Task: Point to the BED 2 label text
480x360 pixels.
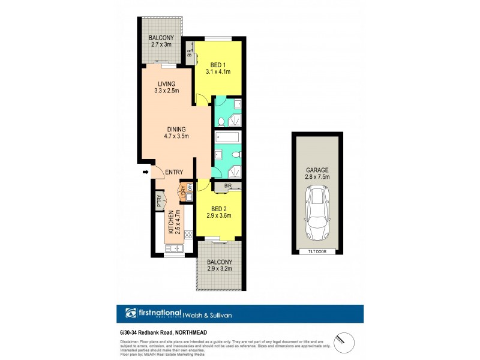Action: tap(220, 212)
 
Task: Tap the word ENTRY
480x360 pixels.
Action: tap(174, 173)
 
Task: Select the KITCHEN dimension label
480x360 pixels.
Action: tap(173, 223)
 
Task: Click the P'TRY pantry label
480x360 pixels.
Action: tap(159, 201)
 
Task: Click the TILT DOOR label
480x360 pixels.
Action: tap(317, 251)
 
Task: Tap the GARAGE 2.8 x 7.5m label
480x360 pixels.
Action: tap(317, 175)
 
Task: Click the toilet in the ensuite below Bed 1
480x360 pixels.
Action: tap(221, 121)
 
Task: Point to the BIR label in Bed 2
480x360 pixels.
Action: tap(228, 187)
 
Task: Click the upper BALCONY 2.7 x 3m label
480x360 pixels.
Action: tap(162, 41)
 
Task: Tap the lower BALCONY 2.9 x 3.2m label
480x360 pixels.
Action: tap(220, 265)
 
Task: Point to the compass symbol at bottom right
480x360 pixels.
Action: tap(340, 339)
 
